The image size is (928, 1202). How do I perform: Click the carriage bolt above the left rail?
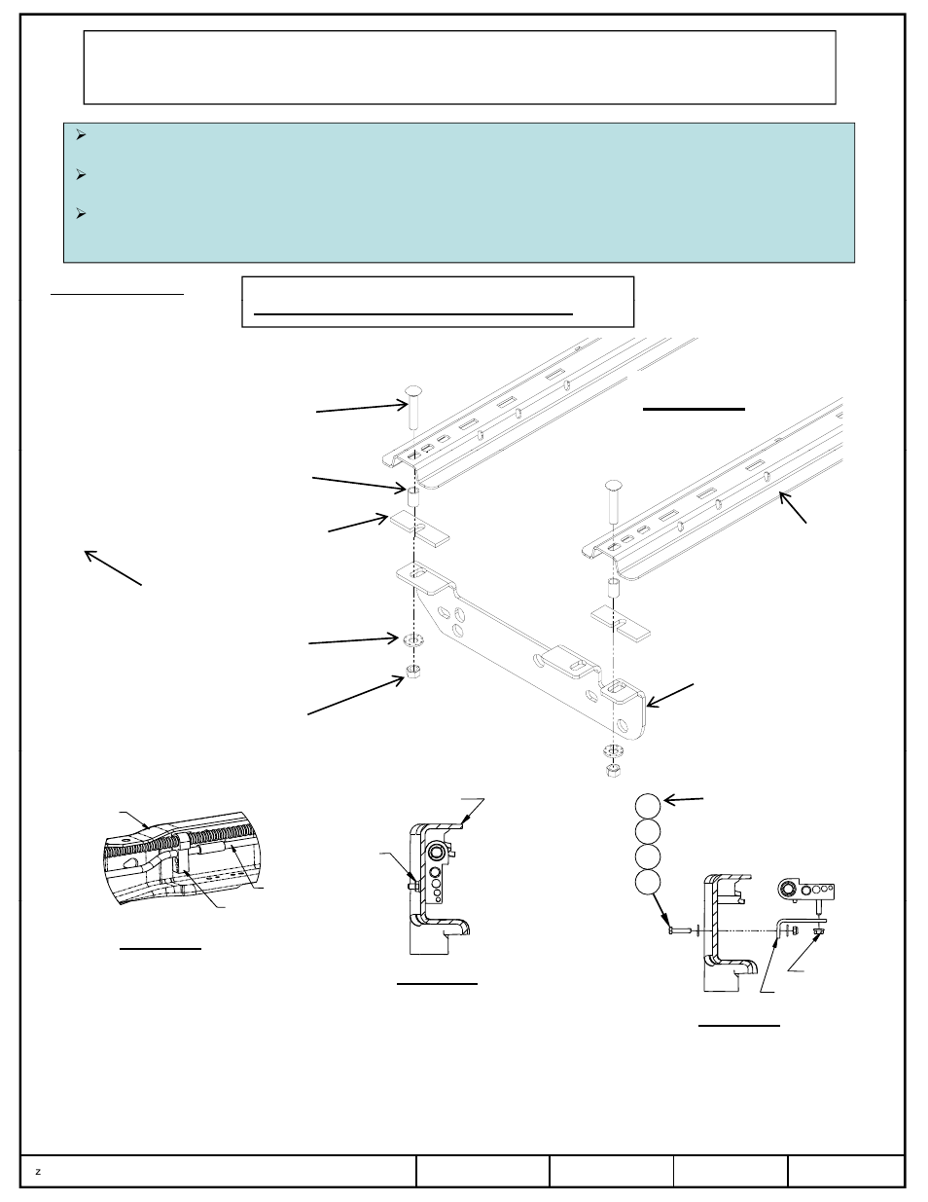click(x=413, y=407)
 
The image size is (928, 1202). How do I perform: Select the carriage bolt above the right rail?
click(x=613, y=501)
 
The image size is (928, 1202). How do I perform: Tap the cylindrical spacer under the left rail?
click(x=412, y=496)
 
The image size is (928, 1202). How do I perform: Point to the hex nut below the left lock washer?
click(x=412, y=672)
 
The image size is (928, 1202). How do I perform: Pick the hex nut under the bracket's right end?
click(x=613, y=770)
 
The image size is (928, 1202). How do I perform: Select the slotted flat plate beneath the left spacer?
click(x=419, y=528)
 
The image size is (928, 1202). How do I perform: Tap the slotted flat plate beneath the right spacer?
click(x=621, y=623)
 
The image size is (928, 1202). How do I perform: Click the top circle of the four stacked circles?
click(x=648, y=806)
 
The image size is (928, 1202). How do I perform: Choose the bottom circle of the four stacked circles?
click(x=648, y=883)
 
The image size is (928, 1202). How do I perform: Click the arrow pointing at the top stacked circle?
click(x=683, y=800)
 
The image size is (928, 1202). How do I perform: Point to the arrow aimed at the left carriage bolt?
click(x=362, y=408)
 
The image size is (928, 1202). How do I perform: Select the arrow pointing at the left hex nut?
click(x=356, y=695)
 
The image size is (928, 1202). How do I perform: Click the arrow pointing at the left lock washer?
click(x=353, y=640)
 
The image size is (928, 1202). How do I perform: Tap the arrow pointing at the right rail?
click(x=793, y=507)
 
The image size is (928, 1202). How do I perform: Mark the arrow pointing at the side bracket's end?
click(x=670, y=695)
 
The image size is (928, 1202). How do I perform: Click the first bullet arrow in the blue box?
click(x=81, y=134)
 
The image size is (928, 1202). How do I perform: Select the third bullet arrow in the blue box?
click(x=81, y=213)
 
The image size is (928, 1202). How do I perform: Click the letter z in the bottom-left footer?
click(x=38, y=1172)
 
